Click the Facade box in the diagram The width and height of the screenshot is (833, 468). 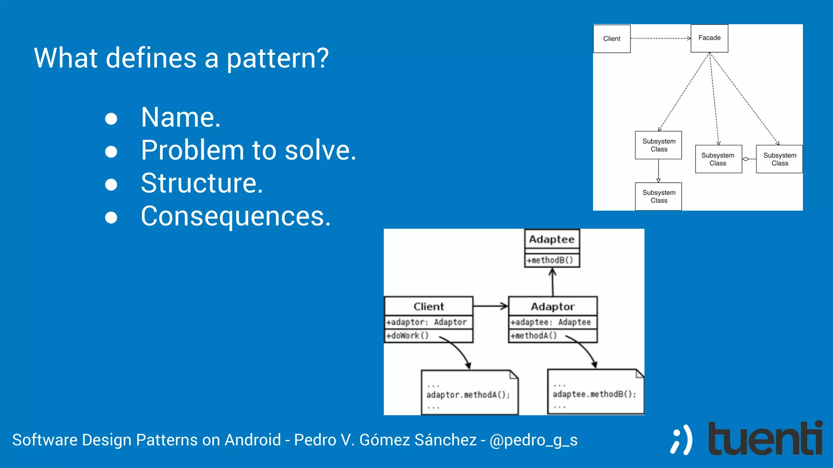709,38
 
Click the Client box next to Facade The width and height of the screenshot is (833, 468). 612,39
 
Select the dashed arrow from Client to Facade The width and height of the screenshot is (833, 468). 661,39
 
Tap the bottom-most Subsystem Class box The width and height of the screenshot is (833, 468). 659,197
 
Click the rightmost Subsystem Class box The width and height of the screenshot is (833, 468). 779,159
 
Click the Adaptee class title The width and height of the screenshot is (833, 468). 552,239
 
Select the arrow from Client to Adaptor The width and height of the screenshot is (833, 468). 490,306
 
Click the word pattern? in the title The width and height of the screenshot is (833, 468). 277,58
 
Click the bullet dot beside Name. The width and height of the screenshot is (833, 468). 111,119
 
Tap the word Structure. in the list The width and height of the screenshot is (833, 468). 202,183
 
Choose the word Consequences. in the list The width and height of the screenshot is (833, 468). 236,216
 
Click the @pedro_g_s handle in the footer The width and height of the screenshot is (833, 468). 533,440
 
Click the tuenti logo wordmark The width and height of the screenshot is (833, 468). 765,439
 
